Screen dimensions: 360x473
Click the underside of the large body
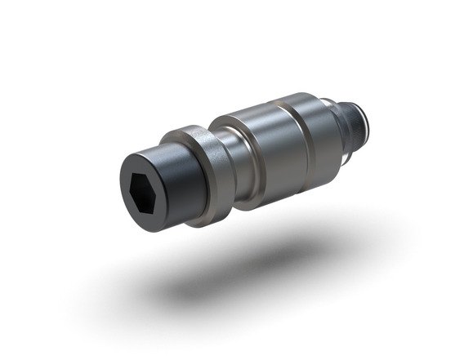(282, 188)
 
